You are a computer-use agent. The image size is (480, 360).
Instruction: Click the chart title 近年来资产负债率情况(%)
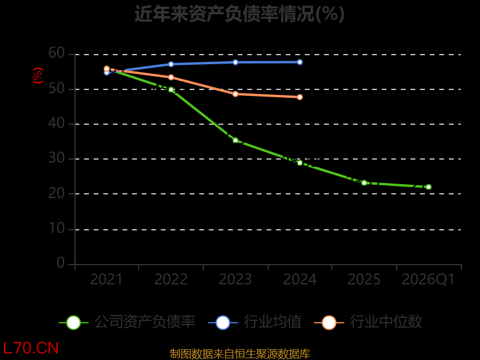click(x=239, y=14)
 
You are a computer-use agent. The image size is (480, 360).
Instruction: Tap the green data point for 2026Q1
click(x=428, y=187)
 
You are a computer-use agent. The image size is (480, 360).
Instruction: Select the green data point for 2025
click(x=364, y=183)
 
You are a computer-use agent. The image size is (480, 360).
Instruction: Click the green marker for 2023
click(x=235, y=140)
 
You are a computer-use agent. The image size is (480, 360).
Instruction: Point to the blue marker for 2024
click(x=299, y=62)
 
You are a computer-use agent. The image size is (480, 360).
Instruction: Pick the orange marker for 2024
click(x=299, y=97)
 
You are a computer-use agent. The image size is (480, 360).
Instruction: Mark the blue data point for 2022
click(x=171, y=64)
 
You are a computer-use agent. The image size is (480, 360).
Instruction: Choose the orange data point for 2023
click(x=235, y=94)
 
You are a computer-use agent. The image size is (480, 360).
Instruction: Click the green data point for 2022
click(x=171, y=89)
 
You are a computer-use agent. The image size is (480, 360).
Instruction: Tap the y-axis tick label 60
click(x=56, y=53)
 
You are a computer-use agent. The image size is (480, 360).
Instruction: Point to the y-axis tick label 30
click(x=56, y=158)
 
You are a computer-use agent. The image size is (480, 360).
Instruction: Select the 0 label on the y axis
click(x=61, y=263)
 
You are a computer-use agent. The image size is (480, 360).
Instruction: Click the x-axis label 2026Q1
click(x=428, y=280)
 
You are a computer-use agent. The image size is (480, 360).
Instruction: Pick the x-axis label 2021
click(x=106, y=280)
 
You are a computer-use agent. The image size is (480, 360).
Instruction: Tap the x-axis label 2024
click(x=299, y=280)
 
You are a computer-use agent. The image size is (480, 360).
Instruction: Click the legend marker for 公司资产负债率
click(x=73, y=323)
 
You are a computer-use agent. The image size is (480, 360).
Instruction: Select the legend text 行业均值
click(x=272, y=322)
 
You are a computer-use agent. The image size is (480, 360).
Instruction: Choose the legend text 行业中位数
click(x=386, y=322)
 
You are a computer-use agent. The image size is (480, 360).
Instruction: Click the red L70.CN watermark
click(x=31, y=349)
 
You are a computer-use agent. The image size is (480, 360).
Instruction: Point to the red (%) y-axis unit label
click(x=38, y=76)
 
